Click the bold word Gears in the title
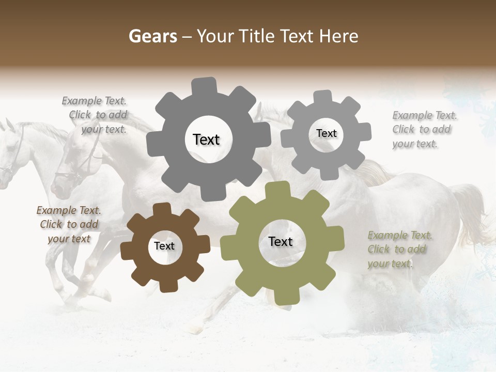(152, 36)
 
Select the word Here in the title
(338, 36)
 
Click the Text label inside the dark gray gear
(206, 139)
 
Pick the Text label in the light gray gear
(326, 133)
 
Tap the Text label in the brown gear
(164, 246)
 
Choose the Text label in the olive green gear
(281, 241)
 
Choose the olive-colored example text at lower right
(399, 249)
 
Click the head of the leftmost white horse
(9, 150)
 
